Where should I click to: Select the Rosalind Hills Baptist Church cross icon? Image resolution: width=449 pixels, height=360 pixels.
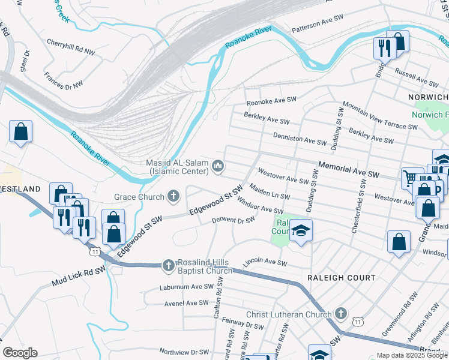[169, 265]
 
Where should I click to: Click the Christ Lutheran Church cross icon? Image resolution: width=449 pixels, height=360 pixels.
[340, 314]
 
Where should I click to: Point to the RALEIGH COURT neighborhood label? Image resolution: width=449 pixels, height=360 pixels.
[341, 278]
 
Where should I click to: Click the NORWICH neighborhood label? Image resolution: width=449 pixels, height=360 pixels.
[428, 97]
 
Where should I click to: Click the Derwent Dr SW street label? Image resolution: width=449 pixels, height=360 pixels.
[234, 221]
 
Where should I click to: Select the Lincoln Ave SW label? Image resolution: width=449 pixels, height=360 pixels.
[265, 263]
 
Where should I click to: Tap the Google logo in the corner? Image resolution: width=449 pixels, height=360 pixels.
[20, 352]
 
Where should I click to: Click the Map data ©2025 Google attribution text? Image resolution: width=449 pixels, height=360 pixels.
[412, 355]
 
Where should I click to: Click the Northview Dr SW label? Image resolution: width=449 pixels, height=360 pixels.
[184, 352]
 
